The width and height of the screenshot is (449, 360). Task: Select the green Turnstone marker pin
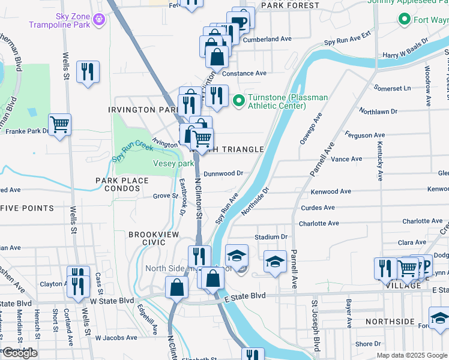pyautogui.click(x=238, y=100)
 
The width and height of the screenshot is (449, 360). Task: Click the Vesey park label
pyautogui.click(x=173, y=163)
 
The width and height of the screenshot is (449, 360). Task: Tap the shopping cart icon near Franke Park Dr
pyautogui.click(x=60, y=125)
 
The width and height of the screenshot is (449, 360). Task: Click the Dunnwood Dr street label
pyautogui.click(x=223, y=173)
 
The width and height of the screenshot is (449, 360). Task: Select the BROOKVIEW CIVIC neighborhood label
pyautogui.click(x=146, y=238)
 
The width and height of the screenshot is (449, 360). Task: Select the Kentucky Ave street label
pyautogui.click(x=380, y=161)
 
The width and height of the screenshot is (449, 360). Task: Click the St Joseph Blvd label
pyautogui.click(x=315, y=326)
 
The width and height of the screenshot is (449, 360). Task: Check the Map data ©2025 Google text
pyautogui.click(x=412, y=355)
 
